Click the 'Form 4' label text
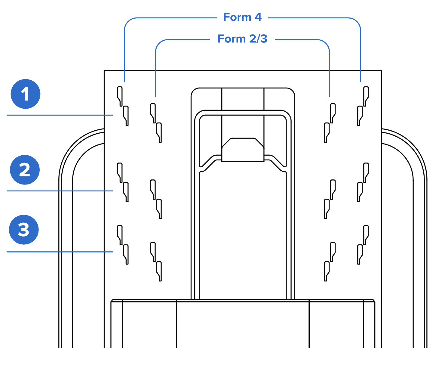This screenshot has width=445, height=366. point(242,17)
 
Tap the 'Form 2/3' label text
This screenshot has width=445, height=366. point(242,39)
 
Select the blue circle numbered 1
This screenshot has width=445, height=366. point(26,94)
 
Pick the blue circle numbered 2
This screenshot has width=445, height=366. point(25,170)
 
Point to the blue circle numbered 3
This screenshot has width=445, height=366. point(24,230)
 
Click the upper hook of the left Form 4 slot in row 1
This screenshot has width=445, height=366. point(120,96)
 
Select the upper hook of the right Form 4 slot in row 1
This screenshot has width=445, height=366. point(366,96)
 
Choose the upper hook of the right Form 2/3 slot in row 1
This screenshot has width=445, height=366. point(333,113)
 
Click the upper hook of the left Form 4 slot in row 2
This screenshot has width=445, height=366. point(120,172)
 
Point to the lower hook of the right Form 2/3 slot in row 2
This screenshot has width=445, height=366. point(327,209)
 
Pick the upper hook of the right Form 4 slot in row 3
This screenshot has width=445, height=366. point(366,234)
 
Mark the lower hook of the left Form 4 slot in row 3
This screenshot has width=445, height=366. point(126,254)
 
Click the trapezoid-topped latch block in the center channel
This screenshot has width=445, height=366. point(243,150)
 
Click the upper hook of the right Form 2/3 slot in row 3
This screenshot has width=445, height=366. point(333,251)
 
